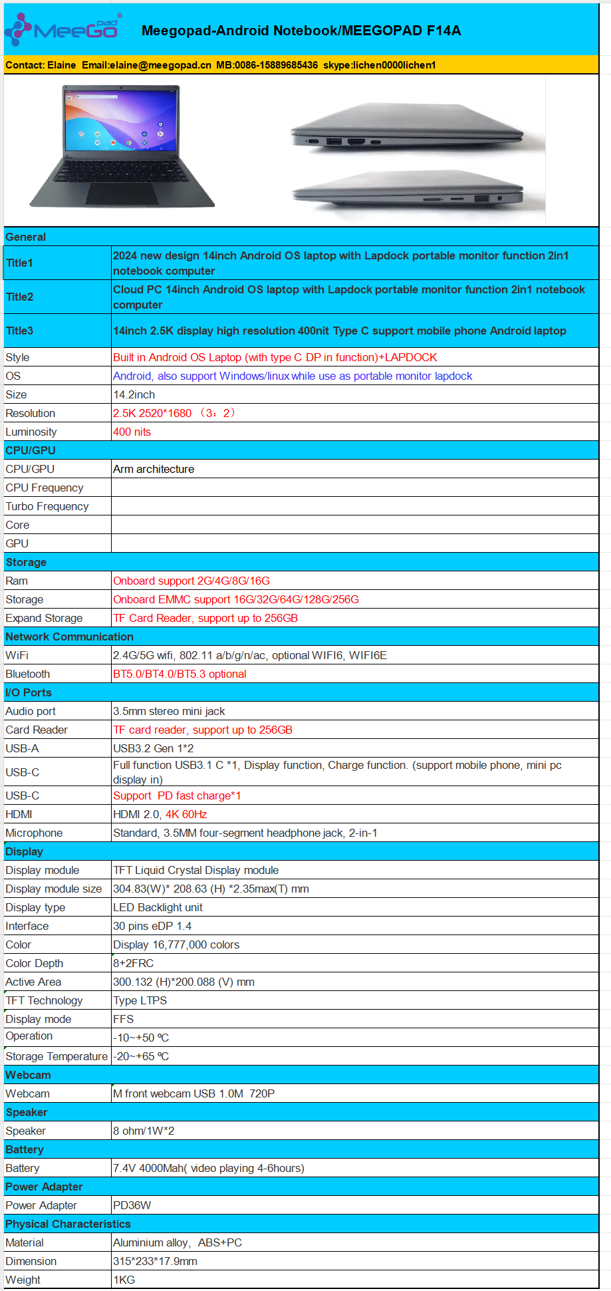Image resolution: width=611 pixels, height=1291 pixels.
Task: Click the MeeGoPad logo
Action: (63, 29)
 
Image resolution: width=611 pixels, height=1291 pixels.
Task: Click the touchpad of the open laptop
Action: (122, 194)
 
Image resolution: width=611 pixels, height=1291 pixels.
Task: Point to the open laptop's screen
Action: (122, 120)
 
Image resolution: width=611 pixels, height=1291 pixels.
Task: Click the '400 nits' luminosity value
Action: (132, 432)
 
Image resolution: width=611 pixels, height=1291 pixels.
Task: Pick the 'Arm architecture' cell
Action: (154, 469)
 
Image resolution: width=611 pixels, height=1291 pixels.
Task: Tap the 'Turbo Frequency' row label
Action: (47, 506)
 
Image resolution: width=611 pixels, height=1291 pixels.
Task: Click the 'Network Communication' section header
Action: (69, 637)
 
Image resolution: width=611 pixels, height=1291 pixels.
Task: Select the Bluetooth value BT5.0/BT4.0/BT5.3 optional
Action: (180, 674)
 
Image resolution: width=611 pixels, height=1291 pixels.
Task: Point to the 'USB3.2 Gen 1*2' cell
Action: (153, 748)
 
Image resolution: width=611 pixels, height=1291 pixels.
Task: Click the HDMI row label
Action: (19, 814)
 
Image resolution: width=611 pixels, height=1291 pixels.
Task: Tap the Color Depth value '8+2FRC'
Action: (133, 963)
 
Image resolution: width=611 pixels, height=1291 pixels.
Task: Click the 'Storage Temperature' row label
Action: (57, 1056)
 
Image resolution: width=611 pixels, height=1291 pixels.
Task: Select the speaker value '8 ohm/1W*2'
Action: (144, 1131)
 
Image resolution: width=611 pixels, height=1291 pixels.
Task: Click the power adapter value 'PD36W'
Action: (132, 1205)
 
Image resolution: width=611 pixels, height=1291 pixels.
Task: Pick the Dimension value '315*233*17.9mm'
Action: (155, 1261)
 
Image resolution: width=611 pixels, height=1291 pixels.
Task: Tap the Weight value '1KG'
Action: (124, 1280)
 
